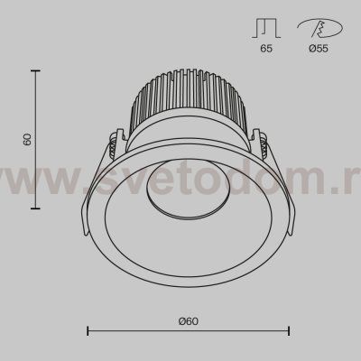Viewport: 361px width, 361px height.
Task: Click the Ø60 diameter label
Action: (189, 321)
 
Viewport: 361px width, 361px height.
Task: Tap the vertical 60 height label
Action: (27, 139)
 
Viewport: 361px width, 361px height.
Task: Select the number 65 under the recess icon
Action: (266, 48)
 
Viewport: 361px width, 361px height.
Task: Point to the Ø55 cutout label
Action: (319, 48)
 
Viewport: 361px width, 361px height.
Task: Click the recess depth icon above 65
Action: (266, 28)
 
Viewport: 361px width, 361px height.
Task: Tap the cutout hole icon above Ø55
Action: (319, 28)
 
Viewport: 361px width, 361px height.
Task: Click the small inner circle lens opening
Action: (189, 188)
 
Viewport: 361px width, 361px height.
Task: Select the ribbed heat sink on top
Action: (190, 101)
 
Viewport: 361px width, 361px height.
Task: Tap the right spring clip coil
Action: (264, 144)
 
